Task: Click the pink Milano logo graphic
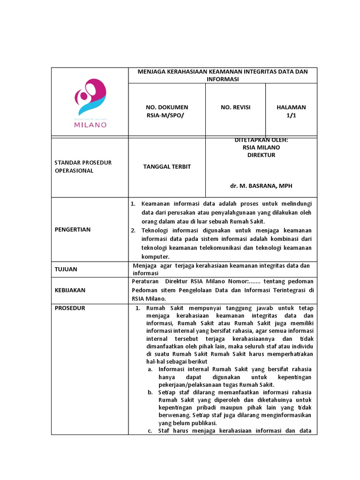(x=90, y=97)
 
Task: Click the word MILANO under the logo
(x=90, y=125)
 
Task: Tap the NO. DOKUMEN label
(x=167, y=107)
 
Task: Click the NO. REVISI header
(x=235, y=107)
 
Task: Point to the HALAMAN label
(x=291, y=107)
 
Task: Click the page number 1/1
(x=291, y=116)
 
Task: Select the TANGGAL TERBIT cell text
(x=167, y=167)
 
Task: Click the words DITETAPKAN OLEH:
(x=261, y=140)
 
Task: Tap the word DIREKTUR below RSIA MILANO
(x=261, y=155)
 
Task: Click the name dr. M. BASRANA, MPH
(x=261, y=186)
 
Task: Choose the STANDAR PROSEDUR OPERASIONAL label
(x=83, y=166)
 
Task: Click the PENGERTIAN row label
(x=73, y=230)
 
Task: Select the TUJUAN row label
(x=66, y=269)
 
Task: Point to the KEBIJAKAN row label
(x=70, y=290)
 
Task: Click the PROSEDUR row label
(x=70, y=308)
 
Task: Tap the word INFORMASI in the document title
(x=223, y=79)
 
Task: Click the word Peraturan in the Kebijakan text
(x=145, y=281)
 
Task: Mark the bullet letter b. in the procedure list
(x=150, y=392)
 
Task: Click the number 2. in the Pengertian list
(x=133, y=230)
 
